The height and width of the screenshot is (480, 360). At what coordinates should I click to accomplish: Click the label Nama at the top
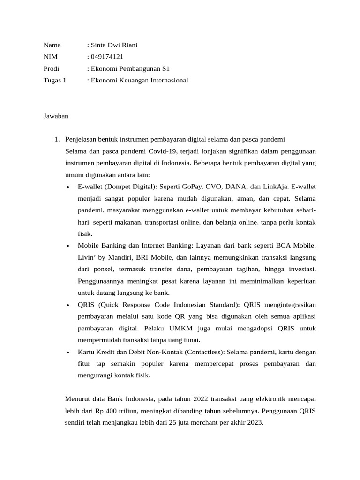(52, 45)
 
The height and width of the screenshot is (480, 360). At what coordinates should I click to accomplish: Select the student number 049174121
(106, 57)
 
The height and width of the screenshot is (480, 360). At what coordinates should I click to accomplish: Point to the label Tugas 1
(55, 81)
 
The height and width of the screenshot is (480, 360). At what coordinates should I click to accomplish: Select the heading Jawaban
(56, 116)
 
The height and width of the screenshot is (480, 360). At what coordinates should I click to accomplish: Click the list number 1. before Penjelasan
(57, 140)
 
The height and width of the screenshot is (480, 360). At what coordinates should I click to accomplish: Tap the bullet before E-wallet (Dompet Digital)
(68, 187)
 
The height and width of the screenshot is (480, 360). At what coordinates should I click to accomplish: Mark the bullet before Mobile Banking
(68, 246)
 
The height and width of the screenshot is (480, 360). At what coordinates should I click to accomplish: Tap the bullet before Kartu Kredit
(68, 352)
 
